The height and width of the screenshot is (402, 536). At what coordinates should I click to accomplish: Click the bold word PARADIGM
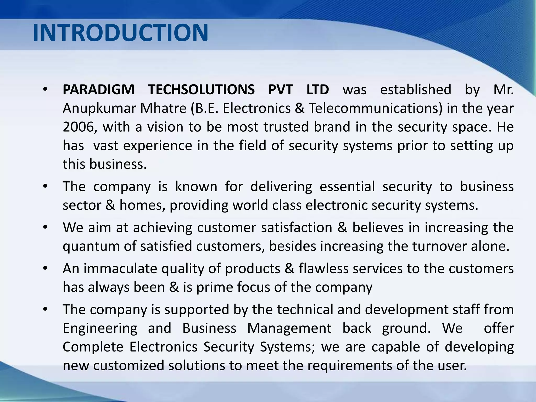tap(98, 90)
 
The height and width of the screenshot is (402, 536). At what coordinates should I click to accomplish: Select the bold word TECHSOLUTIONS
tap(201, 90)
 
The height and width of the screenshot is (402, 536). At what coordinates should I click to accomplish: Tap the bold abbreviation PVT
tap(281, 90)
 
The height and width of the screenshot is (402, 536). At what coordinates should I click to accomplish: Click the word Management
tap(289, 328)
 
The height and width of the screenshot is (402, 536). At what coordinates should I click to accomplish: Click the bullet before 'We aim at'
tap(45, 227)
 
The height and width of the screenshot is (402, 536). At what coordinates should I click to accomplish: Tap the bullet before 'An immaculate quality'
tap(45, 269)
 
